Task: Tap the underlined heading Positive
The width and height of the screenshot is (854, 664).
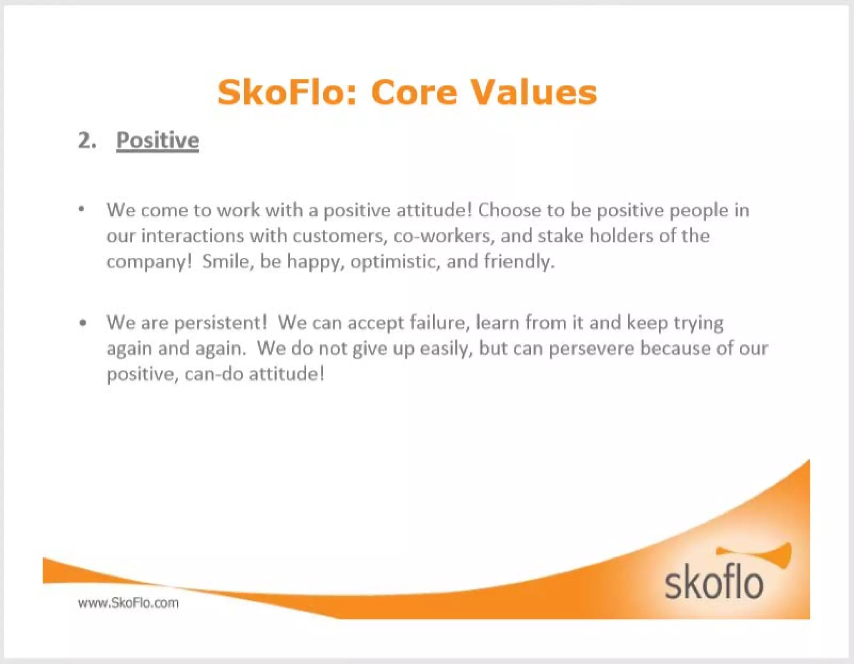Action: [x=158, y=140]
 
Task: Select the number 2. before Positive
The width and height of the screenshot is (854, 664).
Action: [x=87, y=140]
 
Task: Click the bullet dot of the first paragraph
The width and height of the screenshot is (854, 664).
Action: [x=82, y=209]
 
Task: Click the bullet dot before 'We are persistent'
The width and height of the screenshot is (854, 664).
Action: [x=83, y=323]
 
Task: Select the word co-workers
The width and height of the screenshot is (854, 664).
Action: [x=444, y=236]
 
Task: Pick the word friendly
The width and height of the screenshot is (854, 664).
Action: [x=519, y=261]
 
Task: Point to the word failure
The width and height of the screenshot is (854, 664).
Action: [x=437, y=323]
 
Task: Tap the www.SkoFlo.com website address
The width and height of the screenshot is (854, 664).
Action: [x=128, y=603]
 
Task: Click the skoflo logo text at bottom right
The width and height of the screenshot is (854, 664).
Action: [x=713, y=584]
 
